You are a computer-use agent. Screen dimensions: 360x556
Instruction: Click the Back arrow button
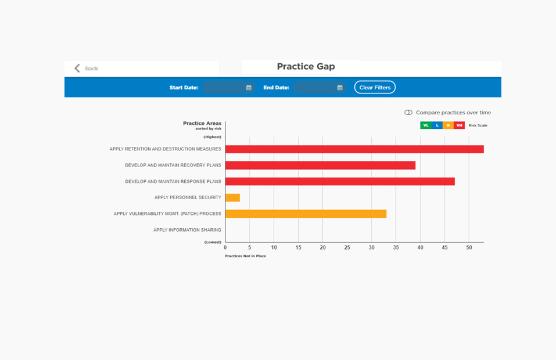pos(77,69)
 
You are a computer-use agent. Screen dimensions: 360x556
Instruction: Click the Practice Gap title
pos(306,67)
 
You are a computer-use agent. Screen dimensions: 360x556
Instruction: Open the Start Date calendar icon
pos(249,88)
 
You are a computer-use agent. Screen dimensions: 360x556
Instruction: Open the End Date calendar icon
pos(340,88)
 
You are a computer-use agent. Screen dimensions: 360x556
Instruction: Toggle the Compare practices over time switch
pos(408,113)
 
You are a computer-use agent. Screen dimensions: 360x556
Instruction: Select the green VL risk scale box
pos(425,125)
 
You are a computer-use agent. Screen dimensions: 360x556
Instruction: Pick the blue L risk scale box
pos(437,125)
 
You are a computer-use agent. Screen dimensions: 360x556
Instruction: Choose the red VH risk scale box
pos(459,125)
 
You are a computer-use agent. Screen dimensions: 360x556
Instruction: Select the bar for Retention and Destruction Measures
pos(354,149)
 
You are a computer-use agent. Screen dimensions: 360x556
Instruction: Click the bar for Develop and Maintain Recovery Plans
pos(320,165)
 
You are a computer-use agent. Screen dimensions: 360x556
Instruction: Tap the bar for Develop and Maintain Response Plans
pos(340,182)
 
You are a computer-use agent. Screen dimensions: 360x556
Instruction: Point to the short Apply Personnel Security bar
pos(232,198)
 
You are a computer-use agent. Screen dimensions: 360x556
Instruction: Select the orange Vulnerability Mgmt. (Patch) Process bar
pos(306,214)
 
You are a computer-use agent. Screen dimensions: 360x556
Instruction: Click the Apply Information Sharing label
pos(187,230)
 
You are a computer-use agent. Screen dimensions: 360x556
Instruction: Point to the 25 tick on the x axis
pos(347,248)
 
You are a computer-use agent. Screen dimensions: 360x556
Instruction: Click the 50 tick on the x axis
pos(469,248)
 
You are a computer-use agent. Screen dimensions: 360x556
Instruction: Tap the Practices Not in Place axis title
pos(245,256)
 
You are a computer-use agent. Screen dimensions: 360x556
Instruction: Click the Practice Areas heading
pos(202,123)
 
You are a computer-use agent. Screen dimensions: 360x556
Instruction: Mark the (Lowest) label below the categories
pos(213,242)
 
